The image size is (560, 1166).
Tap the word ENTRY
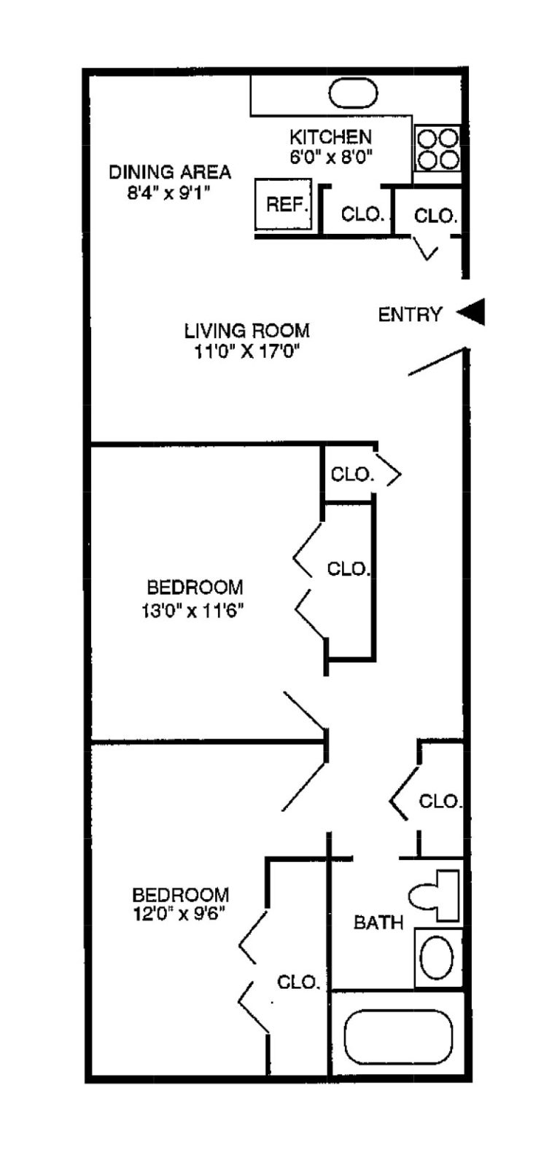tap(410, 315)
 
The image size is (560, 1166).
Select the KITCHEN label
tap(330, 137)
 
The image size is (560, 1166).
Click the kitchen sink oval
tap(354, 94)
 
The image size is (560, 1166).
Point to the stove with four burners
tap(437, 149)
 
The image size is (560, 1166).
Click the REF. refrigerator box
tap(284, 205)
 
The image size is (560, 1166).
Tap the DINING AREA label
tap(170, 172)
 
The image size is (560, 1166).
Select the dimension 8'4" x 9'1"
tap(170, 193)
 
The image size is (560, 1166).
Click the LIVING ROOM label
tap(246, 331)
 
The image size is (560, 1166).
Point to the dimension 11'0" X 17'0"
tap(246, 352)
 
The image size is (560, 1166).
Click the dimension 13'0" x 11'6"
tap(192, 609)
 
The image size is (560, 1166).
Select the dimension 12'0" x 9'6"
tap(179, 914)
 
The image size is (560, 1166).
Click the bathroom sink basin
tap(437, 958)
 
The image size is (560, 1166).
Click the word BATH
tap(378, 923)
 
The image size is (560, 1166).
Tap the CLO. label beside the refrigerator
tap(362, 215)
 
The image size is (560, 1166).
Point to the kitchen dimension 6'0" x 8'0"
tap(331, 157)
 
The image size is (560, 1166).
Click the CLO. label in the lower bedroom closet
tap(298, 982)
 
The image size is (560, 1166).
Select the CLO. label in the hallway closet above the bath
tap(440, 802)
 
